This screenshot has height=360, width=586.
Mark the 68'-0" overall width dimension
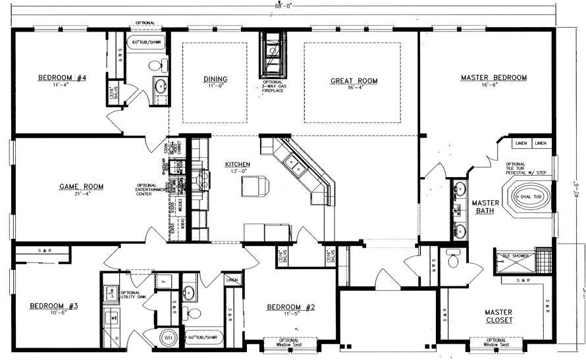(x=284, y=5)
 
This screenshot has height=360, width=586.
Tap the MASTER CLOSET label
(x=499, y=317)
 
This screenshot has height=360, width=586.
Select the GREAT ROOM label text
(x=354, y=81)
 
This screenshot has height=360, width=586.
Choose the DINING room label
(x=215, y=80)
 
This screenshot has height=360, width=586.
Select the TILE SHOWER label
(x=516, y=255)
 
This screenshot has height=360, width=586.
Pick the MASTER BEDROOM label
(x=494, y=78)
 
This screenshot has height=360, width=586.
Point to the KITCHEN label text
(x=238, y=164)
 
